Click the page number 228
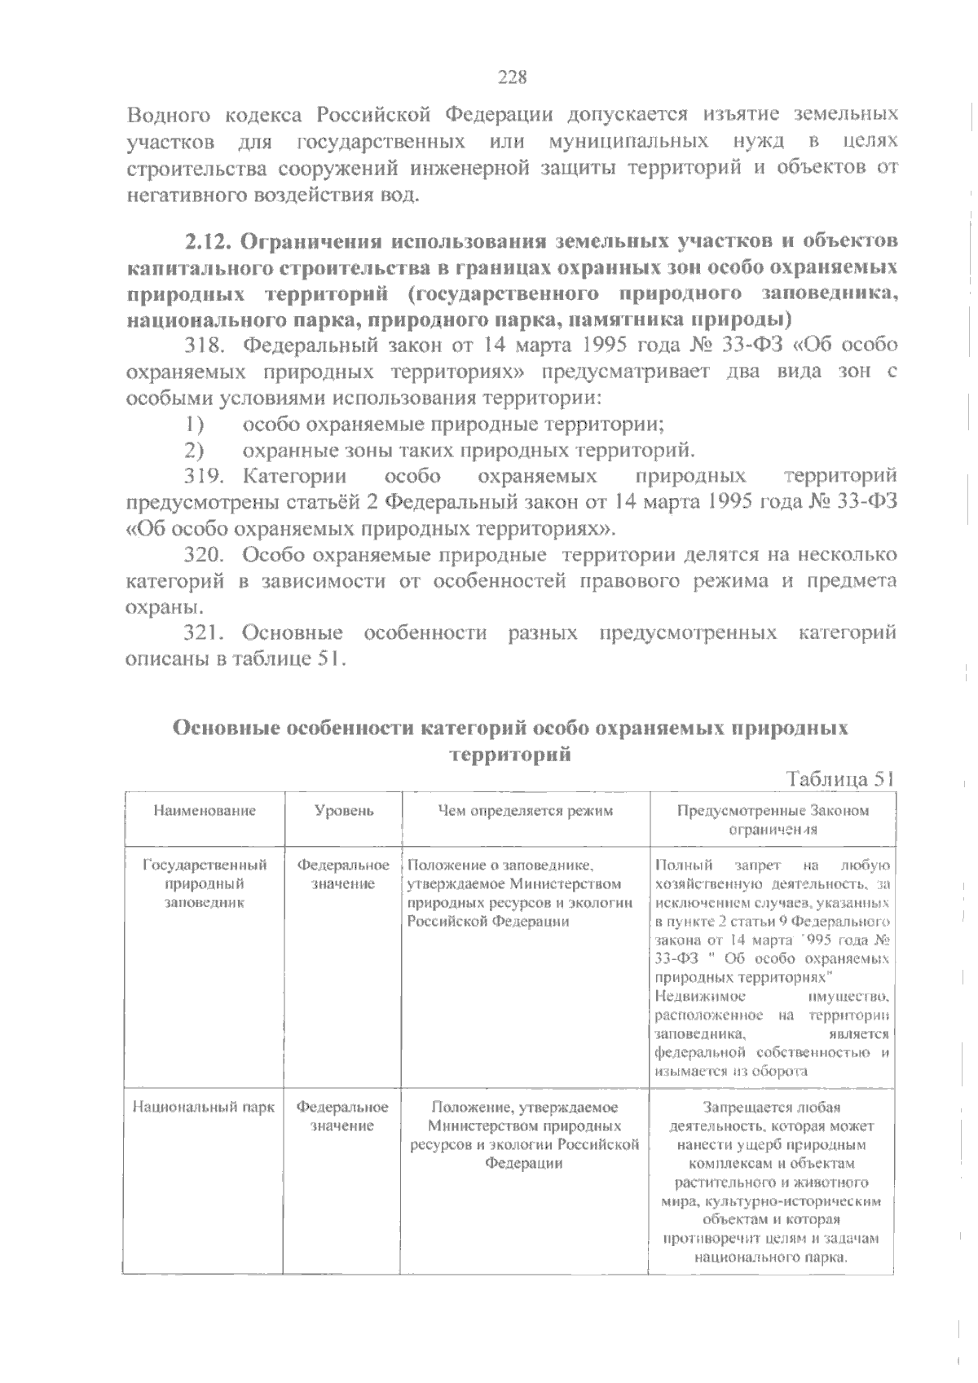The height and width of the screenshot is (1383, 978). tap(513, 78)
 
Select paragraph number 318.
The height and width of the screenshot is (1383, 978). tap(204, 346)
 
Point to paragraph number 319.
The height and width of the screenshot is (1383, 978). tap(204, 476)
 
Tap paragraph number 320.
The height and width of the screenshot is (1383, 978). tap(204, 555)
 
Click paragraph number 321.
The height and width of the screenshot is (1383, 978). tap(204, 632)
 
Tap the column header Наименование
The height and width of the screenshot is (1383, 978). tap(204, 811)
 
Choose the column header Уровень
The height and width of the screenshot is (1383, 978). tap(343, 811)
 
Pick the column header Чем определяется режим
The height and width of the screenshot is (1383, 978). tap(525, 811)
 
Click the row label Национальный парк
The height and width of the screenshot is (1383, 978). tap(204, 1108)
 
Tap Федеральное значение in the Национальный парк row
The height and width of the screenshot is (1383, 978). tap(342, 1117)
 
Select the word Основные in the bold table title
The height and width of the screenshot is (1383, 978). tap(222, 728)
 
